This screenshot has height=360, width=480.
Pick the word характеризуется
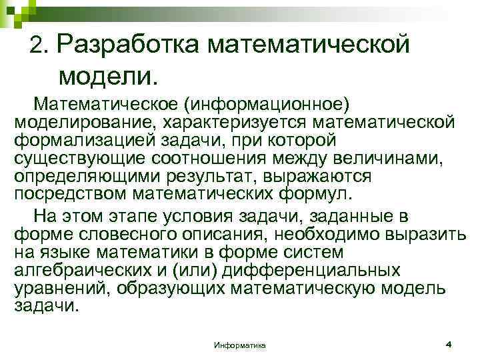click(244, 123)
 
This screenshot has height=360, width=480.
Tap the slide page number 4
click(448, 344)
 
